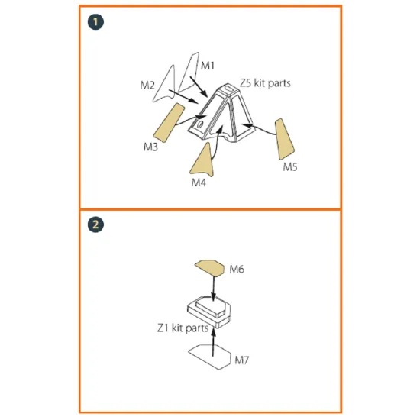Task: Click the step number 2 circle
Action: [95, 225]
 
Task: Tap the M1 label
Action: [208, 66]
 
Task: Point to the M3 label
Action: [150, 144]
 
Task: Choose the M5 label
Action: [291, 166]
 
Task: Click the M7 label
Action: [242, 358]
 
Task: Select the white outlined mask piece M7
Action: [209, 354]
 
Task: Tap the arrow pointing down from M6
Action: [213, 289]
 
